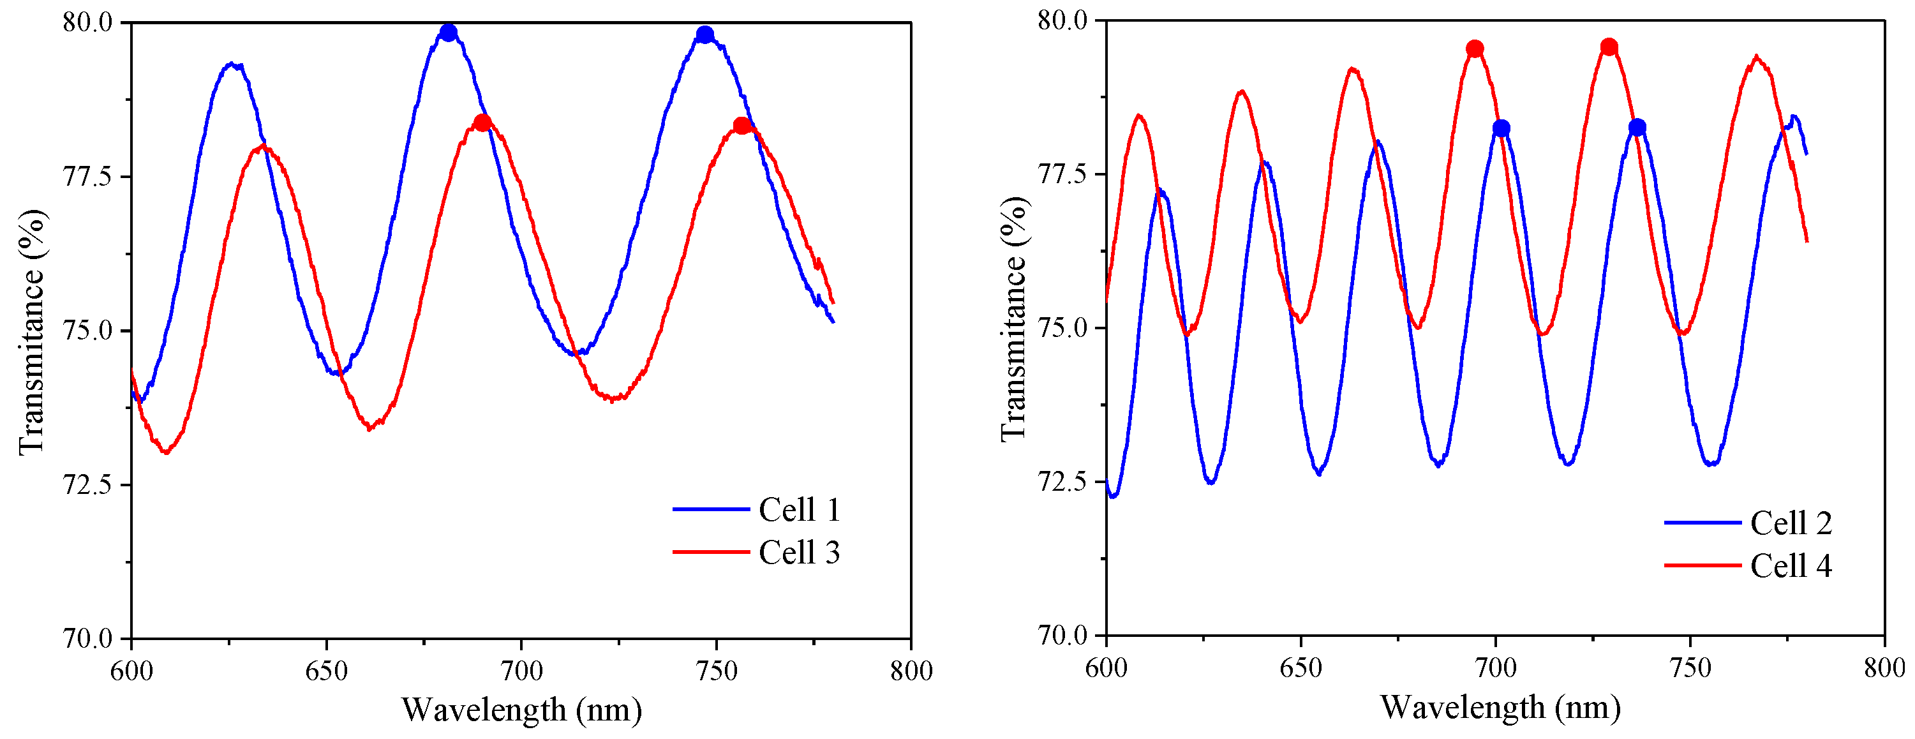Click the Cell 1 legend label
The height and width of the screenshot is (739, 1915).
point(799,510)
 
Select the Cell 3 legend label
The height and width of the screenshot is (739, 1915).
point(799,553)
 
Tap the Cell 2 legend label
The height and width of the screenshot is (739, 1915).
point(1791,523)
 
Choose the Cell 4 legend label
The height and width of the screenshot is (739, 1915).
point(1791,566)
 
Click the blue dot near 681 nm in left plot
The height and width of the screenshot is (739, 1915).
point(448,33)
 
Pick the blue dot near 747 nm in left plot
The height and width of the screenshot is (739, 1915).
point(704,35)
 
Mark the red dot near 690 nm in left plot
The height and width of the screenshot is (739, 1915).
point(482,123)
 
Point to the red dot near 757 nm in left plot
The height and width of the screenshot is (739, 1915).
point(741,126)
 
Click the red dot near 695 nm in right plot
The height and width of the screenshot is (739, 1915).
point(1475,49)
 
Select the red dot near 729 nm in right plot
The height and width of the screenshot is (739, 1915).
point(1609,48)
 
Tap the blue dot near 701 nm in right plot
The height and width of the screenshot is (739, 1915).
point(1501,129)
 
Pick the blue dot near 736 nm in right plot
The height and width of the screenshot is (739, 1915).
point(1637,128)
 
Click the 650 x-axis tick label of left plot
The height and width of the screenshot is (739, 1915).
point(326,671)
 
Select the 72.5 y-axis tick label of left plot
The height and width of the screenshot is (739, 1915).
point(86,485)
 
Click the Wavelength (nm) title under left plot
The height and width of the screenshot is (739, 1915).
point(522,710)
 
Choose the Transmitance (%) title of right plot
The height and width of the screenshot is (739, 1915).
point(1013,320)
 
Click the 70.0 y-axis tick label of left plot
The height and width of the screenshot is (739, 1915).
point(86,638)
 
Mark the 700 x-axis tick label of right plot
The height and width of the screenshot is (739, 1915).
point(1496,668)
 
